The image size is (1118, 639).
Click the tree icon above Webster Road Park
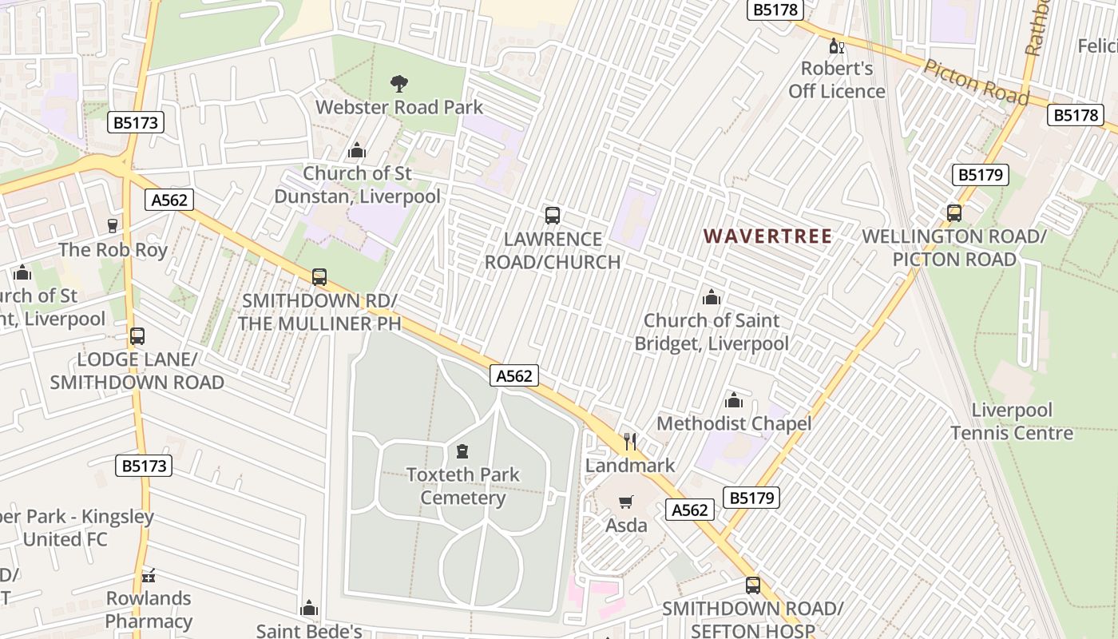pyautogui.click(x=398, y=82)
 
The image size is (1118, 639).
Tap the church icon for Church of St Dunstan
pyautogui.click(x=357, y=150)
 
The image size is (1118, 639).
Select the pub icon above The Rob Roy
pyautogui.click(x=113, y=226)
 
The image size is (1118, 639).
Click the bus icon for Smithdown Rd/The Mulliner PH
pyautogui.click(x=319, y=277)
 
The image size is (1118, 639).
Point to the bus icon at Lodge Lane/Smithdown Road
pyautogui.click(x=137, y=336)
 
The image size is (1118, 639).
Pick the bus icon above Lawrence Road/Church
pyautogui.click(x=553, y=215)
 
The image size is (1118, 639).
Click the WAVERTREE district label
pyautogui.click(x=768, y=236)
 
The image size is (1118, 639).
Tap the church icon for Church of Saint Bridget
pyautogui.click(x=711, y=298)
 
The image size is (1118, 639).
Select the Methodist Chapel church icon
pyautogui.click(x=733, y=400)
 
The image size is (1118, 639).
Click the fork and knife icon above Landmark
pyautogui.click(x=630, y=441)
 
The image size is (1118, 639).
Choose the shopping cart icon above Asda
pyautogui.click(x=626, y=502)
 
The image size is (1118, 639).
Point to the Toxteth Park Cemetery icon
pyautogui.click(x=462, y=451)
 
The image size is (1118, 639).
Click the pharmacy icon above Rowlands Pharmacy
pyautogui.click(x=149, y=575)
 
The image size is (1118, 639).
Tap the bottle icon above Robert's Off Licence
pyautogui.click(x=837, y=46)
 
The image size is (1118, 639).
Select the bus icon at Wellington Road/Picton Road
pyautogui.click(x=954, y=213)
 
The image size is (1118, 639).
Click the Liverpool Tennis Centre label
pyautogui.click(x=1012, y=422)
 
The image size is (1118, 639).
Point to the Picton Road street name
pyautogui.click(x=975, y=81)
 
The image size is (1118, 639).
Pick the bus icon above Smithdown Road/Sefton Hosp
pyautogui.click(x=752, y=585)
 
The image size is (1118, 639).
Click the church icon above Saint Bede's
pyautogui.click(x=309, y=609)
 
